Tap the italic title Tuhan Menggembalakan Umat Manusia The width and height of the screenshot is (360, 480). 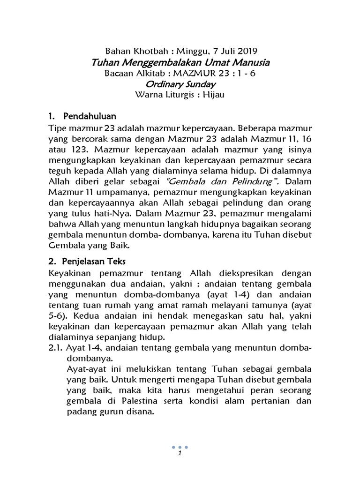180,62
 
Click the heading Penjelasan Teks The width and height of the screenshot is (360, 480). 95,260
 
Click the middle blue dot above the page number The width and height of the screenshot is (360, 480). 180,447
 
